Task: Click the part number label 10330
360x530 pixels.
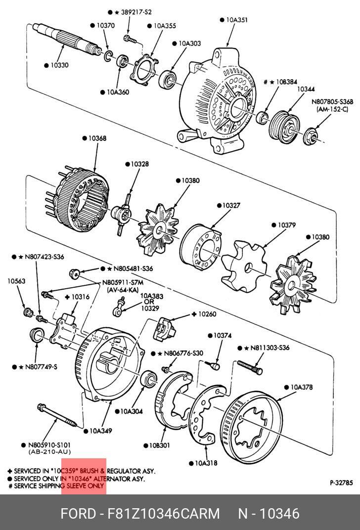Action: (x=59, y=65)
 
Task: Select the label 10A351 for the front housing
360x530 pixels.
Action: (x=236, y=20)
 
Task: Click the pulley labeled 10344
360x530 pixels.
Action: (x=284, y=128)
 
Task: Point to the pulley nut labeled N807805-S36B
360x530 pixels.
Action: (x=310, y=136)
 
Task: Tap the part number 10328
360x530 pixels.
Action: (x=139, y=164)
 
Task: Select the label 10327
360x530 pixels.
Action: (x=231, y=205)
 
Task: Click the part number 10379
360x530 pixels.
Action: (x=287, y=225)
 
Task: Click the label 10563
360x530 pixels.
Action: (x=16, y=281)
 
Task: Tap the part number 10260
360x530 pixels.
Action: (x=207, y=314)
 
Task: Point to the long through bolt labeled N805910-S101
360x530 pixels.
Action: (x=57, y=415)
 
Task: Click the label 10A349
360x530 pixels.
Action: (x=101, y=431)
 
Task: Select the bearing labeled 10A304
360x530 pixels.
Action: (x=148, y=378)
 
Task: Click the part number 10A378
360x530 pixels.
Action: (x=302, y=387)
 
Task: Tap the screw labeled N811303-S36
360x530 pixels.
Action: (x=250, y=367)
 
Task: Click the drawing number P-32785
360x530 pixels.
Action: (x=341, y=483)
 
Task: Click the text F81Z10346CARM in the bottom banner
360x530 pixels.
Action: (x=164, y=513)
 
